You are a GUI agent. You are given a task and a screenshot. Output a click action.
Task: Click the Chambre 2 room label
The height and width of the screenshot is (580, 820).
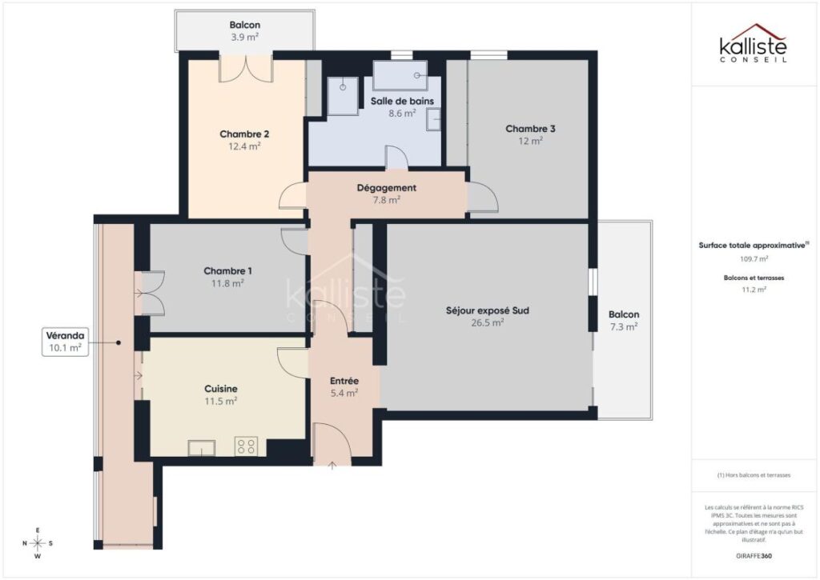coord(244,134)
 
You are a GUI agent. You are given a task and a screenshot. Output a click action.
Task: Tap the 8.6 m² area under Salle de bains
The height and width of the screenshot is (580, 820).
coord(402,114)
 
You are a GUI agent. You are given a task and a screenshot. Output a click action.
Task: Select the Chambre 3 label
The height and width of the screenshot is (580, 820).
coord(529,129)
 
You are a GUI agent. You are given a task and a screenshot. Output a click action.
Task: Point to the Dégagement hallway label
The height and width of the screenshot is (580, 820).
coord(387,188)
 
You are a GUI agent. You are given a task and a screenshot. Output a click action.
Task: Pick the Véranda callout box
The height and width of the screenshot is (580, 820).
coord(66,342)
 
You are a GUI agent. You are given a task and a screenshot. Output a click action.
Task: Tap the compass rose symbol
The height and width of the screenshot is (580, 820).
coord(37,543)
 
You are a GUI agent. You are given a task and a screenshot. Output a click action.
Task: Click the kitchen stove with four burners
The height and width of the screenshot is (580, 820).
coord(245,447)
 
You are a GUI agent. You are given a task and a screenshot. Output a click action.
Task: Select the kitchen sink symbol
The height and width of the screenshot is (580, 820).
coord(201,448)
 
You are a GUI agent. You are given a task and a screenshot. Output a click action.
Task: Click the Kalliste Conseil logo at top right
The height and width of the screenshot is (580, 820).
coord(753,43)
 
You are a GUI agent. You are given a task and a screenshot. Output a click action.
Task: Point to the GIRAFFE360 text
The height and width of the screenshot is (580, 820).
coord(754,556)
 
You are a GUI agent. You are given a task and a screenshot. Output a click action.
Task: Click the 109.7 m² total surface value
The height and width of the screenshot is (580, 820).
coord(753,259)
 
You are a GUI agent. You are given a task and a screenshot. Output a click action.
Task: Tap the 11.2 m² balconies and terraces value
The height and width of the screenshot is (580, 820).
coord(753,290)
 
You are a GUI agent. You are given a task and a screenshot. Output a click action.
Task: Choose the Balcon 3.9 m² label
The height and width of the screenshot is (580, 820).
coord(244,25)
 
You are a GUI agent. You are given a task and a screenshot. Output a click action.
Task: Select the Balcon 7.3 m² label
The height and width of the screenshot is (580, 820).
coord(623,315)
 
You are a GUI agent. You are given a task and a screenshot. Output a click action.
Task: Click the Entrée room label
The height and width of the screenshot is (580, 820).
coord(344,381)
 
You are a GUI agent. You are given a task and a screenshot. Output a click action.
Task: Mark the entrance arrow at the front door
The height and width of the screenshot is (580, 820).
coord(333,465)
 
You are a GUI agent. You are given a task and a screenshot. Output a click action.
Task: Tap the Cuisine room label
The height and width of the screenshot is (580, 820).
coord(220,389)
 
